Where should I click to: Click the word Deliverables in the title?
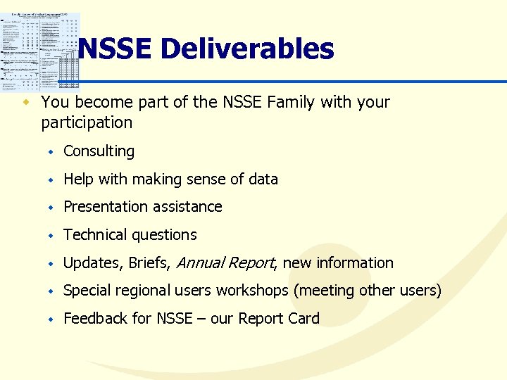(247, 49)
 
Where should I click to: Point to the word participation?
(87, 123)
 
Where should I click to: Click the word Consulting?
(99, 151)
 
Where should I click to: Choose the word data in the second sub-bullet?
(263, 179)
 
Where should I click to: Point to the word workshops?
(252, 291)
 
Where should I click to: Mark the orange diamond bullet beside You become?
(27, 103)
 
